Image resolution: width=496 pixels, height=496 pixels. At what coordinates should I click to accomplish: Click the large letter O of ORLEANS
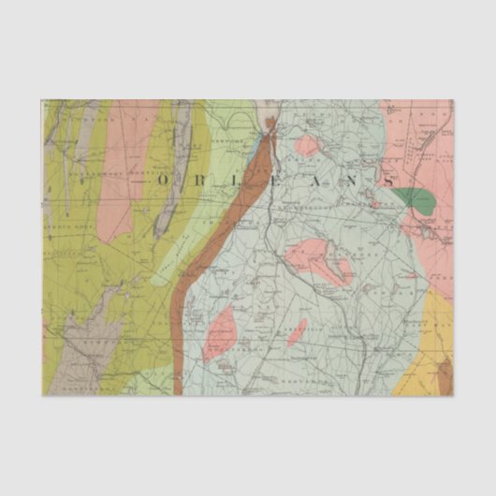click(165, 178)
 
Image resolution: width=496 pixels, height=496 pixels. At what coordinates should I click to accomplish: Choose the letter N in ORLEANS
click(357, 178)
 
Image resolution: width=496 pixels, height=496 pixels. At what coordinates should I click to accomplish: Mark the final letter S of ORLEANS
click(387, 178)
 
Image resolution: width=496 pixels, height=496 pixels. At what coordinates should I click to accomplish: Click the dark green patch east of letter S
click(416, 198)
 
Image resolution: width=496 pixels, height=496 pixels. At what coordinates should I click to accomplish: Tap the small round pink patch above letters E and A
click(307, 145)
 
